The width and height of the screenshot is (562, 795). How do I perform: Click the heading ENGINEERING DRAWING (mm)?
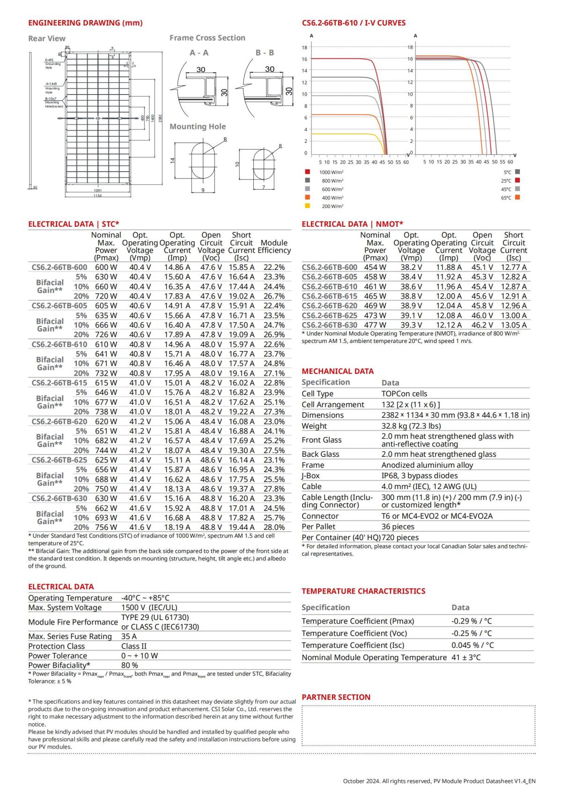85,23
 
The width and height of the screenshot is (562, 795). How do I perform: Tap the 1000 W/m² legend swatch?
307,172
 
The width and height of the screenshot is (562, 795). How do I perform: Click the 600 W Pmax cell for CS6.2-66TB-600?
106,267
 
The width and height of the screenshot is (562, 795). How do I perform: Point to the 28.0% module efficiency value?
274,528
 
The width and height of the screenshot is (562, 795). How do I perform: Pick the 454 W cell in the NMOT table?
375,267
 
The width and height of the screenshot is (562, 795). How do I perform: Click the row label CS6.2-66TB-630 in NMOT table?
329,325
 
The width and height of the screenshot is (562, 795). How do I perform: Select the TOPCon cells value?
404,394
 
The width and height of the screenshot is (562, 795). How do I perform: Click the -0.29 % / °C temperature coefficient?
472,621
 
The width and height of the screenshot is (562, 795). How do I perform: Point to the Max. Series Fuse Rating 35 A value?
129,636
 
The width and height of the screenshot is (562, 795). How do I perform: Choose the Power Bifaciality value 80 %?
129,665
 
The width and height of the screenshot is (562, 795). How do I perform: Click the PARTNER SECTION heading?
336,697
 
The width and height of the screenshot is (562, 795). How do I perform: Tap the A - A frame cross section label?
199,53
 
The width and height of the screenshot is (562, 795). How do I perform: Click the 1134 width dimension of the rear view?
97,195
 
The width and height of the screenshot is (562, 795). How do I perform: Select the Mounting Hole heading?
197,126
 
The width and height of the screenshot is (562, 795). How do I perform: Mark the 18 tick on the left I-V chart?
304,47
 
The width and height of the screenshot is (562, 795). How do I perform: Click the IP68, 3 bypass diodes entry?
419,476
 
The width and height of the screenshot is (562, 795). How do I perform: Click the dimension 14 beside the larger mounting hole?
172,160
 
